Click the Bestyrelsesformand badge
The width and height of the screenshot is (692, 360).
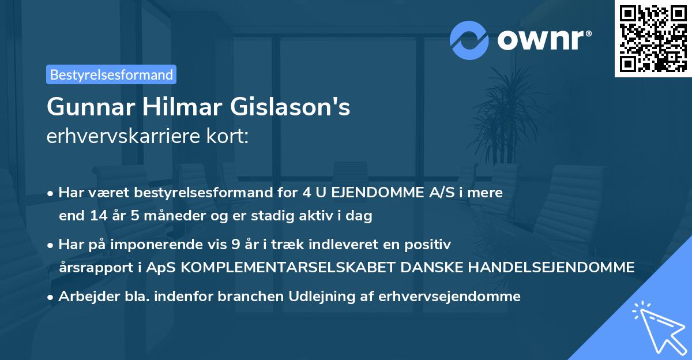pyautogui.click(x=111, y=74)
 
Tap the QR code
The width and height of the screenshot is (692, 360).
pyautogui.click(x=653, y=39)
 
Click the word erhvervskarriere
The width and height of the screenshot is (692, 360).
pyautogui.click(x=120, y=136)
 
